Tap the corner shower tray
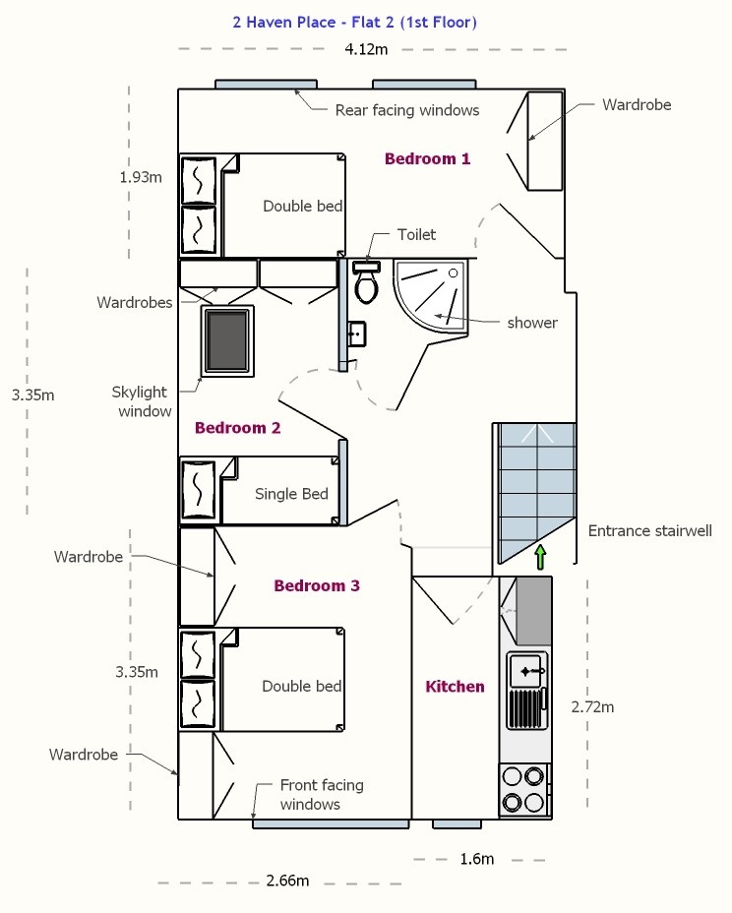430,296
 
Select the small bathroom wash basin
356,335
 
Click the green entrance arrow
540,557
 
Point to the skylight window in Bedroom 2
227,341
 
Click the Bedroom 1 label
427,158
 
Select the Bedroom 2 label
237,428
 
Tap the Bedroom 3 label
317,585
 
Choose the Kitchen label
455,687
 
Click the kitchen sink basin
527,671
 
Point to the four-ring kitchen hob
524,790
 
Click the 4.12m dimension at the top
366,49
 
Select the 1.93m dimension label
141,177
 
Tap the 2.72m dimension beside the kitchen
592,706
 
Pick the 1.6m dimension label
477,859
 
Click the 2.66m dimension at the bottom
287,881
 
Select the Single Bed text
292,494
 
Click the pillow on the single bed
199,490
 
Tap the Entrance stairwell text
650,531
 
